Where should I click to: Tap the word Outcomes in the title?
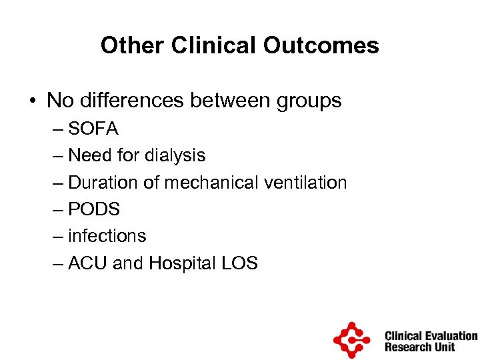[x=321, y=45]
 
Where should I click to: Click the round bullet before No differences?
[x=32, y=101]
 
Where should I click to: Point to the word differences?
[x=131, y=101]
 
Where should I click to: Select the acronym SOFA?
[x=93, y=129]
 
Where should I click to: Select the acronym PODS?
[x=94, y=209]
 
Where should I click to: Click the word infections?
[x=107, y=236]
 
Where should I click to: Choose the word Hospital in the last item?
[x=179, y=263]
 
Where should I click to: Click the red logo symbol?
[x=351, y=340]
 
